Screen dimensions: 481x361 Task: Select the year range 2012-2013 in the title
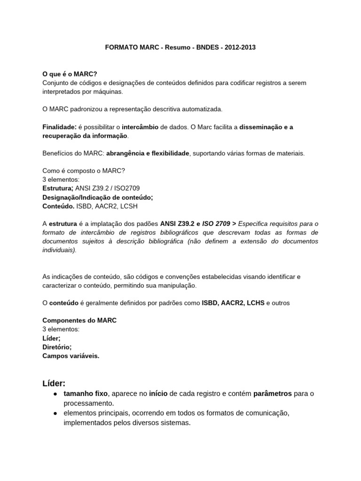point(240,48)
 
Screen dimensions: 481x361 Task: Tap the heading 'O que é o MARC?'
point(70,74)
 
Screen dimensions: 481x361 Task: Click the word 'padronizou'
point(83,109)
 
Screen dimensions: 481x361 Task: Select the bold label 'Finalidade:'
point(59,127)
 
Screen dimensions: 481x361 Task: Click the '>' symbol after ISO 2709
point(235,224)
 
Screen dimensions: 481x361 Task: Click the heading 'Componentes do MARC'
point(79,320)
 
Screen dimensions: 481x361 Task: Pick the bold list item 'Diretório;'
point(57,347)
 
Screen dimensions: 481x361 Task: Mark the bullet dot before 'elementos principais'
point(55,413)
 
